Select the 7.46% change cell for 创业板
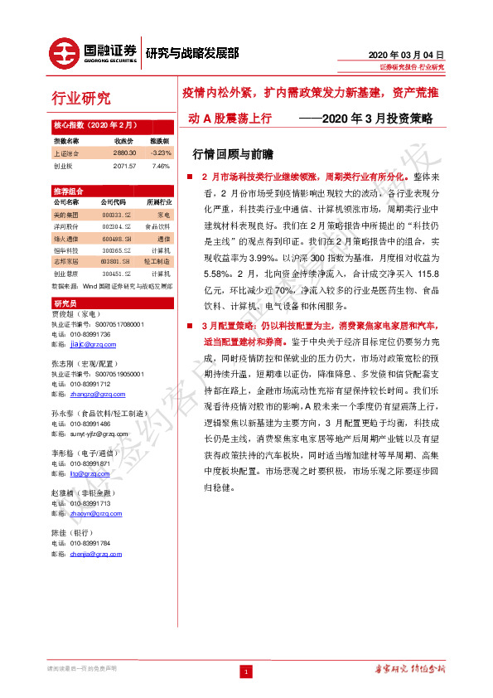tap(160, 165)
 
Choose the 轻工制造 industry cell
tap(158, 261)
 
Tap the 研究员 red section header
tap(65, 303)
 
